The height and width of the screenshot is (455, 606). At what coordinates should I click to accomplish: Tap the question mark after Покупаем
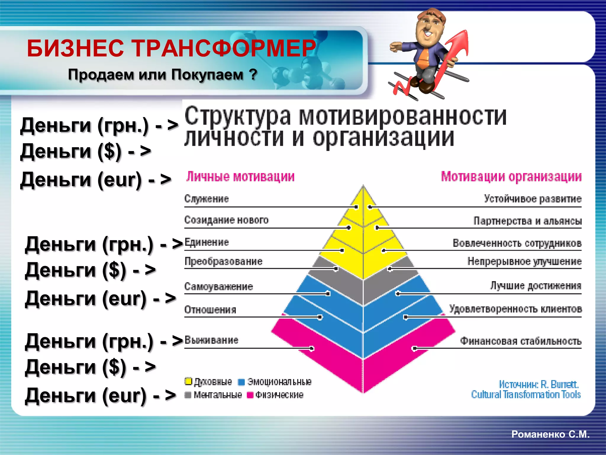253,74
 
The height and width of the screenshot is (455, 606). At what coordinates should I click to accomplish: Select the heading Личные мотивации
240,177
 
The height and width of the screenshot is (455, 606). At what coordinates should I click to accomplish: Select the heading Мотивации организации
511,177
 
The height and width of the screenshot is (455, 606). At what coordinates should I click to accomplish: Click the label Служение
207,199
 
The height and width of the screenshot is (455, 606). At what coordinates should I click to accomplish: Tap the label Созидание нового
226,220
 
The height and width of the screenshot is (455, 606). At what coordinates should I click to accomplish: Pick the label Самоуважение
219,286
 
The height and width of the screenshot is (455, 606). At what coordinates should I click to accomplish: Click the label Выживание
211,340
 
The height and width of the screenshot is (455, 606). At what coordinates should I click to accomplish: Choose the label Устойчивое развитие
533,199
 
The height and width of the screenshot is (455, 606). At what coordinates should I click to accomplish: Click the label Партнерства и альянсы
528,221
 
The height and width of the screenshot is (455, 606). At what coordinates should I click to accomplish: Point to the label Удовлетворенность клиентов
516,309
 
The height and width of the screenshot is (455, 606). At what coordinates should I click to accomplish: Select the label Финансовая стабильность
521,341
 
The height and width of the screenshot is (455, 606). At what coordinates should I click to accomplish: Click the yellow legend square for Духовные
188,382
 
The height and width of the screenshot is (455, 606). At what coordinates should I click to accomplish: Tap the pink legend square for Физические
250,395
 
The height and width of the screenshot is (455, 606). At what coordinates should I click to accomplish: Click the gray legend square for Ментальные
188,395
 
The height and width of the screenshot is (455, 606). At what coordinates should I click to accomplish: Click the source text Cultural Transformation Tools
526,395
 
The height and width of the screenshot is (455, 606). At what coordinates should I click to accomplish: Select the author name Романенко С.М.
550,434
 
